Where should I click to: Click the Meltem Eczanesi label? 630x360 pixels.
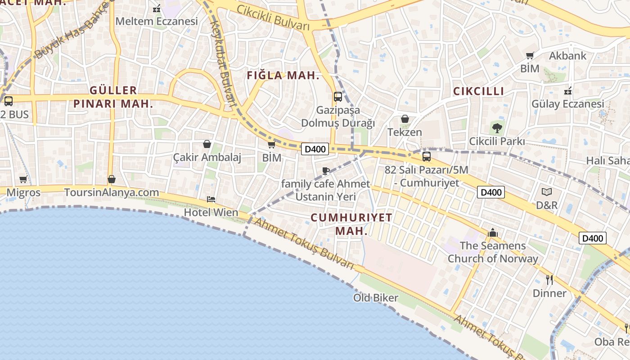tap(157, 21)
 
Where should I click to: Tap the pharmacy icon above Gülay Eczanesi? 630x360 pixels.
tap(568, 91)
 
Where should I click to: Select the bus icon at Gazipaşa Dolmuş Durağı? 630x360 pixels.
tap(337, 97)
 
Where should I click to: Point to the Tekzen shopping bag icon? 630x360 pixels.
tap(405, 119)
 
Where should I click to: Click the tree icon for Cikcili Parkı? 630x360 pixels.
tap(497, 128)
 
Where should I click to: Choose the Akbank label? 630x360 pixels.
tap(568, 56)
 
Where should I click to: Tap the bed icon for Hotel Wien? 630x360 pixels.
tap(211, 199)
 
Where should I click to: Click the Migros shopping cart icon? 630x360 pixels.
tap(23, 179)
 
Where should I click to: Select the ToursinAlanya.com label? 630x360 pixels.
tap(112, 193)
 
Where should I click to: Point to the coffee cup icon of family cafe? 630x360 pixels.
tap(326, 171)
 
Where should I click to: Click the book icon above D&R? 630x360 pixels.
tap(547, 192)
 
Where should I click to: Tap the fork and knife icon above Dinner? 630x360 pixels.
tap(549, 280)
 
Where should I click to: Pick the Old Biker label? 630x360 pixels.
tap(376, 298)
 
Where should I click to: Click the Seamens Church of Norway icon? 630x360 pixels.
tap(493, 233)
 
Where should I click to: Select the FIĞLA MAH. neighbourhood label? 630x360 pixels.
tap(283, 76)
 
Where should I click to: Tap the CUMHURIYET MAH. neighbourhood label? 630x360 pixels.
tap(351, 224)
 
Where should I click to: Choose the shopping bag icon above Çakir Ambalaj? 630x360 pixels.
tap(207, 144)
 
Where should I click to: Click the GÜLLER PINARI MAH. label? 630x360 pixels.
tap(113, 97)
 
